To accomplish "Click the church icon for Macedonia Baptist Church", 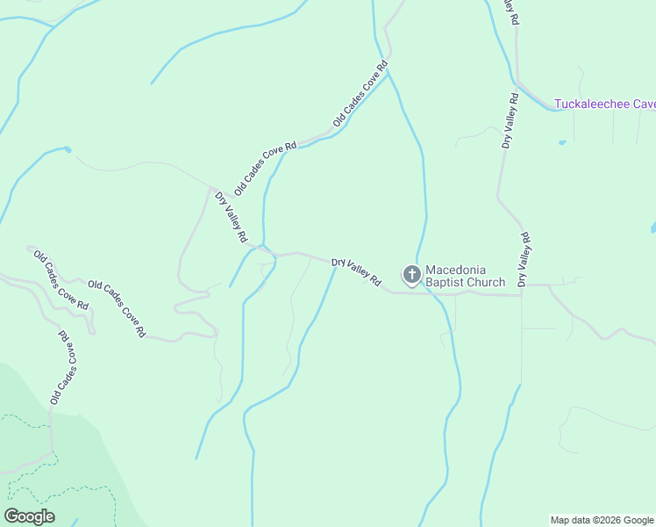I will (x=410, y=275).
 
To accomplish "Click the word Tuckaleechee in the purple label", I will (x=593, y=104).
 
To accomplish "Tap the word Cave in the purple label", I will (x=645, y=104).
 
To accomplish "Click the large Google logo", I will (x=30, y=516).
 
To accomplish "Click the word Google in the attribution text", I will (x=638, y=520).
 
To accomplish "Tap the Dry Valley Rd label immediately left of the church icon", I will (x=357, y=272).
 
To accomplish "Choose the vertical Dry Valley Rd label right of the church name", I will (x=524, y=259).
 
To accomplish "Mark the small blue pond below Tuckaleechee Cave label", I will (x=561, y=142).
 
